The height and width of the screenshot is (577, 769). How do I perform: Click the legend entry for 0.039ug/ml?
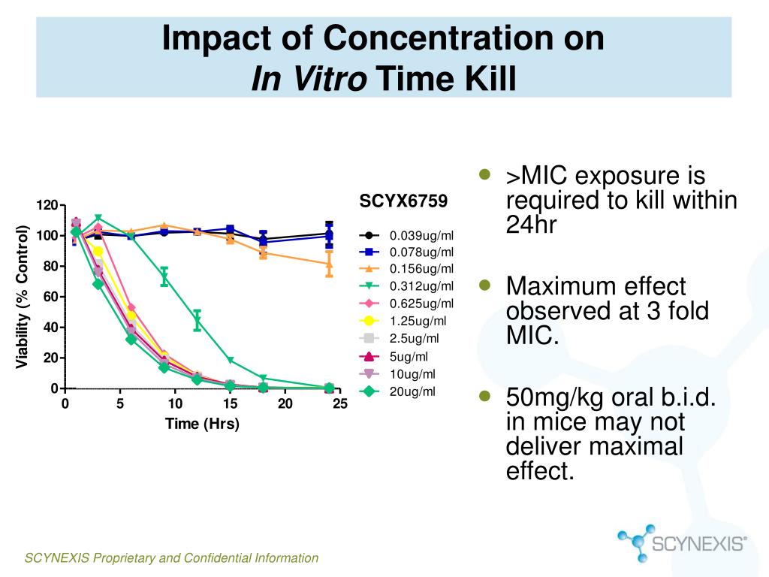pyautogui.click(x=406, y=235)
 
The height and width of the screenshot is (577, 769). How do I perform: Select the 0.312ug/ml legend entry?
pyautogui.click(x=406, y=285)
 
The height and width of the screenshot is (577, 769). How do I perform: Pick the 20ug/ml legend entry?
pyautogui.click(x=398, y=391)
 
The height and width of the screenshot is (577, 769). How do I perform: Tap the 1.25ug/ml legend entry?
pyautogui.click(x=403, y=321)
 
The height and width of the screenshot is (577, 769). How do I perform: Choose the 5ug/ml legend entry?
pyautogui.click(x=398, y=357)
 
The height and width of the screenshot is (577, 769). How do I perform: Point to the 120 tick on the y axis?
pyautogui.click(x=47, y=205)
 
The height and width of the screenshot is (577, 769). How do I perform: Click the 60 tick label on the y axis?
pyautogui.click(x=51, y=297)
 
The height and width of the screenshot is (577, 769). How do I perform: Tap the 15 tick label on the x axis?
pyautogui.click(x=230, y=403)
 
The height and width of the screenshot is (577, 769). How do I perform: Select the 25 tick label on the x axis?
pyautogui.click(x=340, y=403)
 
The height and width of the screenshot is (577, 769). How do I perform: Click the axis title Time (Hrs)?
pyautogui.click(x=202, y=424)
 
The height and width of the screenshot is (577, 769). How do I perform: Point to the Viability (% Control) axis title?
pyautogui.click(x=22, y=297)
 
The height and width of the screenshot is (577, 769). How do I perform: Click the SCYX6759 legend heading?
pyautogui.click(x=403, y=201)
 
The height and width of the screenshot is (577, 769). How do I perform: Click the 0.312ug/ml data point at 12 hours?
pyautogui.click(x=198, y=321)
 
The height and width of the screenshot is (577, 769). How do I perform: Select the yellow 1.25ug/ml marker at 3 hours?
pyautogui.click(x=98, y=251)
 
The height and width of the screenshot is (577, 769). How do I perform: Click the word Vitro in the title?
pyautogui.click(x=330, y=78)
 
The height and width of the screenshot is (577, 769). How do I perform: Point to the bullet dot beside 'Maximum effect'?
pyautogui.click(x=484, y=285)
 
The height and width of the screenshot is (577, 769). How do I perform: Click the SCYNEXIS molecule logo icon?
pyautogui.click(x=637, y=542)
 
